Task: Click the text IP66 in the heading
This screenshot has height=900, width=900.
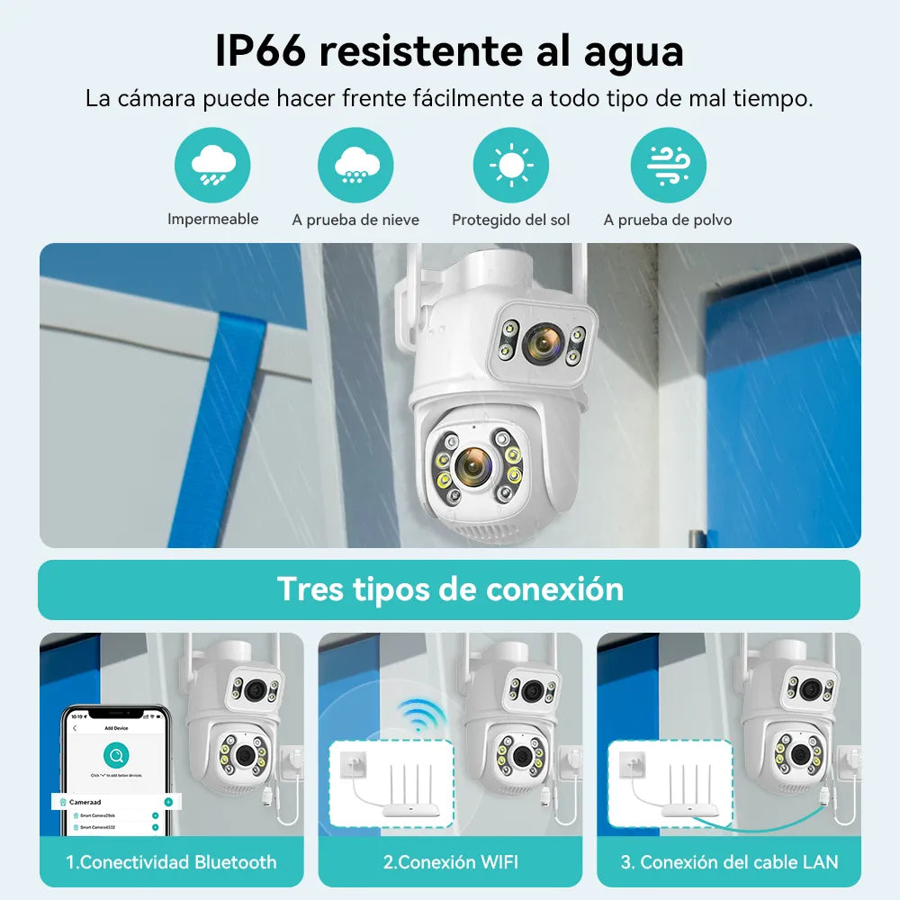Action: click(260, 51)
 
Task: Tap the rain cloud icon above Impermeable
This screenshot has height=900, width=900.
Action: click(212, 166)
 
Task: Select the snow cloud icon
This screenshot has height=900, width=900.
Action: click(355, 166)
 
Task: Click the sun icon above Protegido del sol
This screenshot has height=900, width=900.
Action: click(511, 166)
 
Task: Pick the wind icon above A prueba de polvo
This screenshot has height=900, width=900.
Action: click(668, 166)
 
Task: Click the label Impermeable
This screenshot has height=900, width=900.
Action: click(212, 220)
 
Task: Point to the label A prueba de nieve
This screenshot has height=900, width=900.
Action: click(355, 220)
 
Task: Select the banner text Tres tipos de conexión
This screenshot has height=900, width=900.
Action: click(449, 589)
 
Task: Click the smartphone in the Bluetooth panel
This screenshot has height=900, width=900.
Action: click(114, 769)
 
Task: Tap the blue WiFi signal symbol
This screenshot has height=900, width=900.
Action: click(422, 715)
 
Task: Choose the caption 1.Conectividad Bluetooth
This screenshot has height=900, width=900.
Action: click(171, 862)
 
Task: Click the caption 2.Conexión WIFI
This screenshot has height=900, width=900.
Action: click(450, 862)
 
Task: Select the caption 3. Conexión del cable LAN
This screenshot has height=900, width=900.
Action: click(729, 862)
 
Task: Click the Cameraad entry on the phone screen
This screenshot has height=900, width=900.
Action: click(85, 801)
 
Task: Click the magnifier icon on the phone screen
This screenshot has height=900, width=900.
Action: click(115, 754)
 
